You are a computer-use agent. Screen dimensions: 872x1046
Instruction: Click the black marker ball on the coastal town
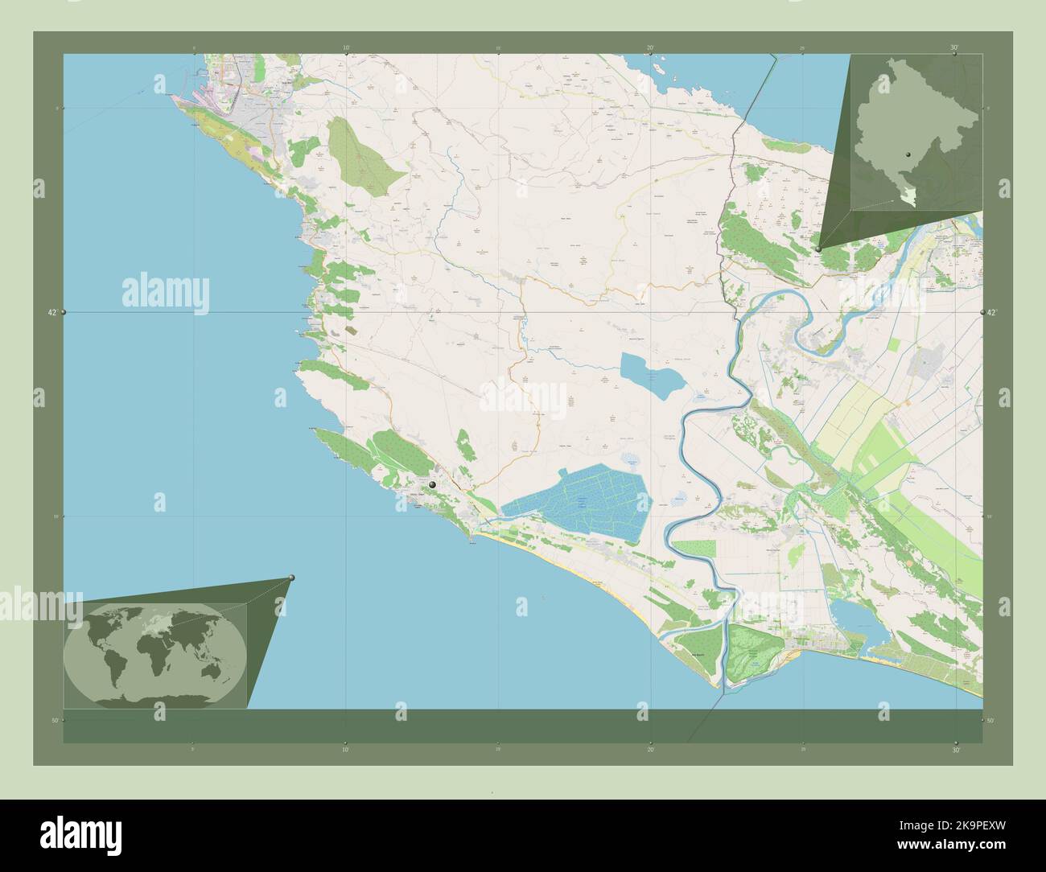coord(433,485)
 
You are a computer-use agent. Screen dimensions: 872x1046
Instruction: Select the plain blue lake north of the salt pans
coord(650,376)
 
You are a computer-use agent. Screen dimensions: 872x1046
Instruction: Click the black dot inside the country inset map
coord(907,154)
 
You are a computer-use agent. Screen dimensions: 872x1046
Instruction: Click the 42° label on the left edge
coord(52,311)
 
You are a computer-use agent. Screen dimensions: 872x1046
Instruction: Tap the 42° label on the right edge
coord(992,311)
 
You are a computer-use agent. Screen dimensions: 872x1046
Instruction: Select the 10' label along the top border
coord(346,48)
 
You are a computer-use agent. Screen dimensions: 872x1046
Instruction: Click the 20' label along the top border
coord(650,48)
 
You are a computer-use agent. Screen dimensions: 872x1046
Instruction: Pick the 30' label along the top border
coord(954,48)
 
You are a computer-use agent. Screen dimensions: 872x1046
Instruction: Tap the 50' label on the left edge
coord(53,720)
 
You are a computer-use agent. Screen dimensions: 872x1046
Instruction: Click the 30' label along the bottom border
coord(954,750)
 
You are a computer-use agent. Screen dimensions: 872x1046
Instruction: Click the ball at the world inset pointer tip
coord(291,578)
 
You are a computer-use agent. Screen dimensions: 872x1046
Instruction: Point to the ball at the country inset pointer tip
coord(817,250)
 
